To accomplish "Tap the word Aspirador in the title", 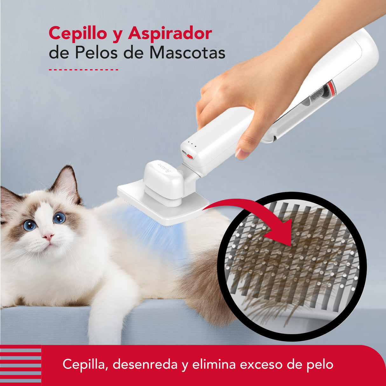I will [170, 34].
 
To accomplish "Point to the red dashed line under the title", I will [83, 70].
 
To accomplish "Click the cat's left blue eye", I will [30, 225].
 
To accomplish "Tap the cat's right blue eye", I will [59, 218].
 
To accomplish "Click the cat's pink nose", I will [48, 236].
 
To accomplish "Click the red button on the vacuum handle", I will [190, 156].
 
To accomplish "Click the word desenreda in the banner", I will [145, 364].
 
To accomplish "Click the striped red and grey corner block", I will [21, 365].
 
